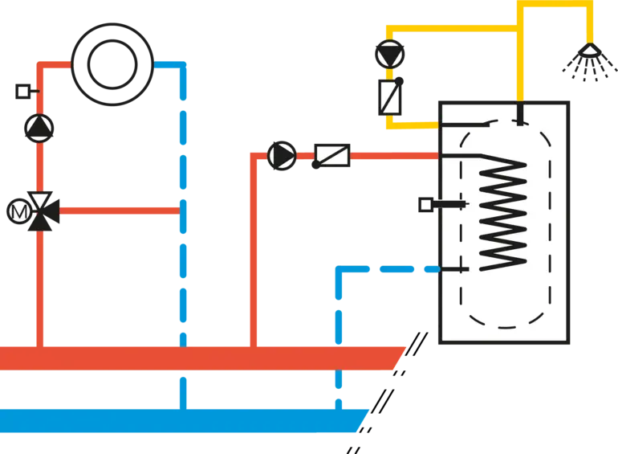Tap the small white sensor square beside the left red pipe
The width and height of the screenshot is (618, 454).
[x=22, y=92]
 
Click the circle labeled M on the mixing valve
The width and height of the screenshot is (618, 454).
[x=18, y=211]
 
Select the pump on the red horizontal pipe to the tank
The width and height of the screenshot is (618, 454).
[x=282, y=156]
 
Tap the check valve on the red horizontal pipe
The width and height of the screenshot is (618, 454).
[x=332, y=156]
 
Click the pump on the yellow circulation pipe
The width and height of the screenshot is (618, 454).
[x=392, y=55]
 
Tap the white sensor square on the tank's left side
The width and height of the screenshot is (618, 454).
[x=425, y=206]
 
